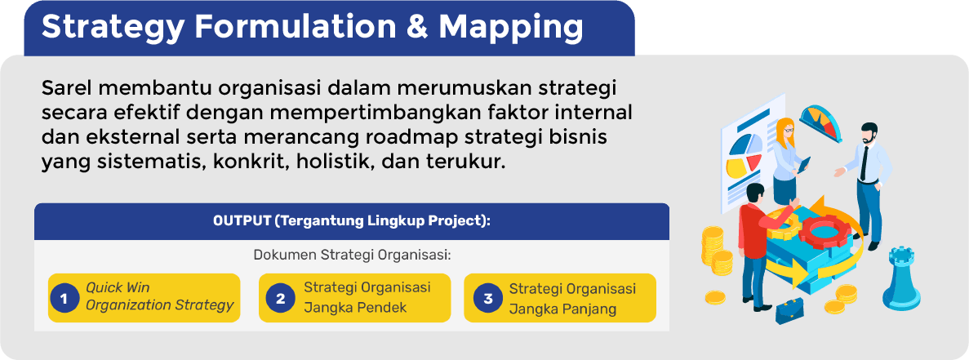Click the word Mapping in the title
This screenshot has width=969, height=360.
511,29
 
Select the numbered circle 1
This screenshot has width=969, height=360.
63,299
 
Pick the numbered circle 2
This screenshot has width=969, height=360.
281,299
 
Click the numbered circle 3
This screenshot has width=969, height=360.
488,299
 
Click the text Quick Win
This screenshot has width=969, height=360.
118,287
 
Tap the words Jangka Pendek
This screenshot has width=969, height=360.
355,308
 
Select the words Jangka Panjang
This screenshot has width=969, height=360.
562,308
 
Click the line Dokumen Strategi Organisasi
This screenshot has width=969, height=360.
352,255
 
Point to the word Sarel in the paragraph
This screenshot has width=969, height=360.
64,88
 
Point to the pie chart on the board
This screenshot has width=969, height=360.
745,155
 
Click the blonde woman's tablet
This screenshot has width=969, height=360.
803,165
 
